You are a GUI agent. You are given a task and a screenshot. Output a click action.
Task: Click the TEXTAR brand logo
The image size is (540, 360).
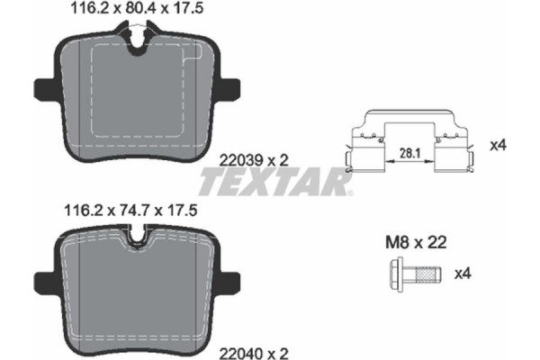[274, 184]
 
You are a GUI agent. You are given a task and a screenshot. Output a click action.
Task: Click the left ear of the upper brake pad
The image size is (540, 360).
[43, 90]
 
